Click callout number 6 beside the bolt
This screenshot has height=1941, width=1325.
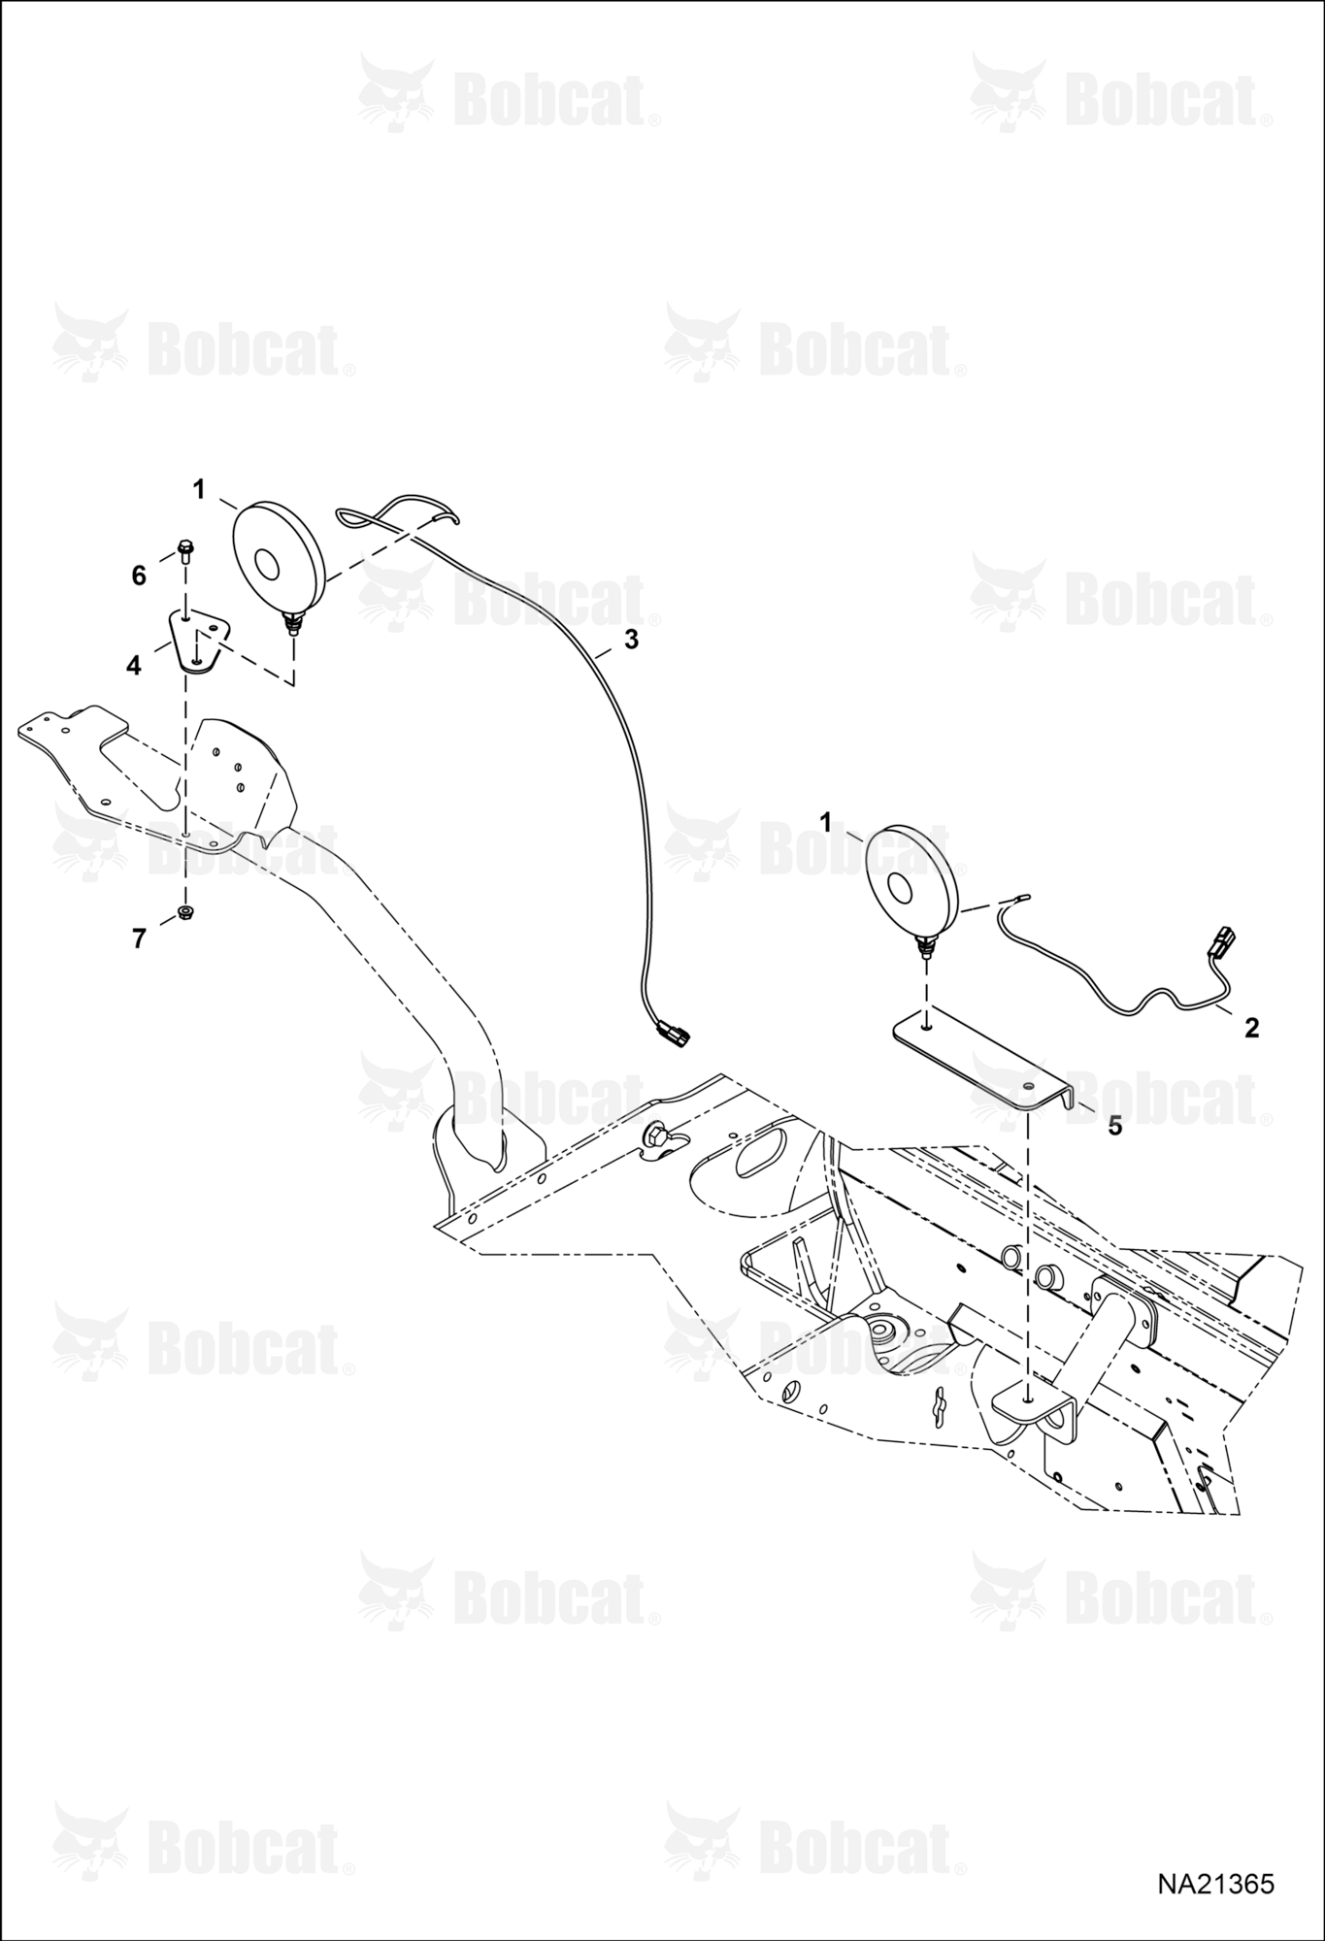pos(139,576)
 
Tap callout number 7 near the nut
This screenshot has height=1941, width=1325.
pos(139,938)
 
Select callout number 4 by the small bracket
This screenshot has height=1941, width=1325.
pos(134,665)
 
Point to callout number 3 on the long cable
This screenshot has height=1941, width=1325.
pos(631,640)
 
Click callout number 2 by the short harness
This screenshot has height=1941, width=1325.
pos(1252,1027)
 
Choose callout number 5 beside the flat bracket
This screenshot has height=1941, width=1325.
pos(1115,1126)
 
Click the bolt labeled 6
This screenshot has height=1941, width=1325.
pos(184,550)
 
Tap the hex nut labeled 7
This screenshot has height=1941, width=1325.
pos(184,912)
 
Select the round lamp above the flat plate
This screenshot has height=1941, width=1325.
pos(911,881)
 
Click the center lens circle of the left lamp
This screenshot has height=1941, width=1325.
pos(267,564)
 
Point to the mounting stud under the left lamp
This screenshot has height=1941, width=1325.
pos(291,621)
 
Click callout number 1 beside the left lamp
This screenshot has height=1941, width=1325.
pos(199,490)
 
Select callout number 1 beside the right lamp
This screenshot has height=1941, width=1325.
pos(826,823)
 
